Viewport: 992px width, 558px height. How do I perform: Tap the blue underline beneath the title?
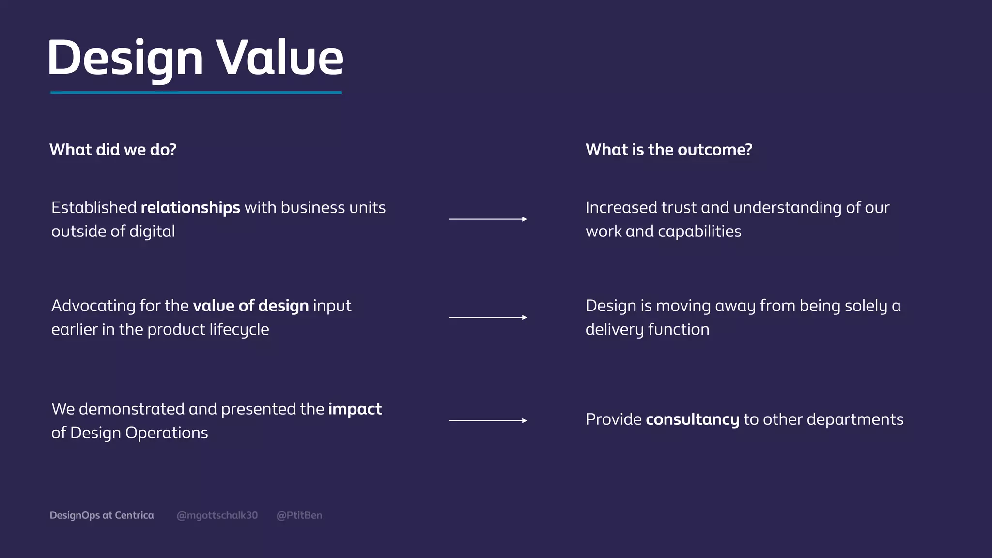pyautogui.click(x=196, y=92)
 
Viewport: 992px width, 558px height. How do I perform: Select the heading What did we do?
pyautogui.click(x=113, y=150)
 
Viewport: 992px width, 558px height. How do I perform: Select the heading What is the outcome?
pyautogui.click(x=668, y=150)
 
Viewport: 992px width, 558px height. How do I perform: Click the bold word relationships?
pyautogui.click(x=190, y=208)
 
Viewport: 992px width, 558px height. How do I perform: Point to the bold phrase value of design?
pyautogui.click(x=250, y=306)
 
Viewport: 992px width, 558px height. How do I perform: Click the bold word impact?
pyautogui.click(x=355, y=409)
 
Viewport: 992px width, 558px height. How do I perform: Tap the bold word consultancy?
pyautogui.click(x=692, y=419)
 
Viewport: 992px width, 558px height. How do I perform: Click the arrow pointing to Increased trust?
pyautogui.click(x=488, y=219)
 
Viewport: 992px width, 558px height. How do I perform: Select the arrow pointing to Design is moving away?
pyautogui.click(x=488, y=317)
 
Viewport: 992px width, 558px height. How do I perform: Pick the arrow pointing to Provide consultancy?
pyautogui.click(x=488, y=420)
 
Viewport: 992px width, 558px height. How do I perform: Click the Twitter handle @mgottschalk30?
pyautogui.click(x=217, y=515)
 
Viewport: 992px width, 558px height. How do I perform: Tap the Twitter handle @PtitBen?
pyautogui.click(x=299, y=515)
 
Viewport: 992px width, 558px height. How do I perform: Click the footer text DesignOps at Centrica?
pyautogui.click(x=102, y=515)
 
